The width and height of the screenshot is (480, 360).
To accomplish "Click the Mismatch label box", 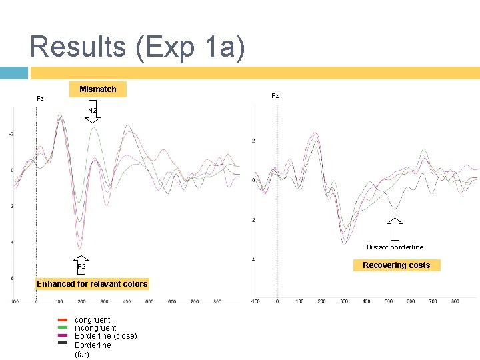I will click(98, 89).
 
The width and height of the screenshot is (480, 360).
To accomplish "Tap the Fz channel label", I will click(40, 99).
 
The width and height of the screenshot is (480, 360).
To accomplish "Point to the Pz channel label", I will click(275, 96).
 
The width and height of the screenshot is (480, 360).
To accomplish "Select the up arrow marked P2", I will click(81, 264).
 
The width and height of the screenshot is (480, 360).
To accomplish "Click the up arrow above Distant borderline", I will click(395, 230).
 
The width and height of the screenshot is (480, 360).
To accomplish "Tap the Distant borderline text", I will click(395, 247).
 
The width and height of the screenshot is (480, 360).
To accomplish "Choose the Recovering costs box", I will click(396, 265).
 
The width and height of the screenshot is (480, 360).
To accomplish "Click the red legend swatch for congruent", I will click(63, 320).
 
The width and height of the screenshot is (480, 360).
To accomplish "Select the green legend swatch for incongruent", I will click(63, 328).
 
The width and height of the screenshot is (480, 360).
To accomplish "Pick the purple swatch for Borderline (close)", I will click(63, 336).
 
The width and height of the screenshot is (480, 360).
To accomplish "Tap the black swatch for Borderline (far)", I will click(63, 344).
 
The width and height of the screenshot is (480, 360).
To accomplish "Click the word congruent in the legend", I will click(93, 320).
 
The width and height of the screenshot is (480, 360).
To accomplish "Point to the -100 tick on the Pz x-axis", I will click(254, 302).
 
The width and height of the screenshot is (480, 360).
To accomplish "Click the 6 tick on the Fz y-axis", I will click(12, 278).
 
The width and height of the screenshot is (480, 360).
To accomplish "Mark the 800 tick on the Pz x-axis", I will click(455, 302).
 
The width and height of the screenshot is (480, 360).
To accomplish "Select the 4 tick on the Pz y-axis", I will click(253, 259).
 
